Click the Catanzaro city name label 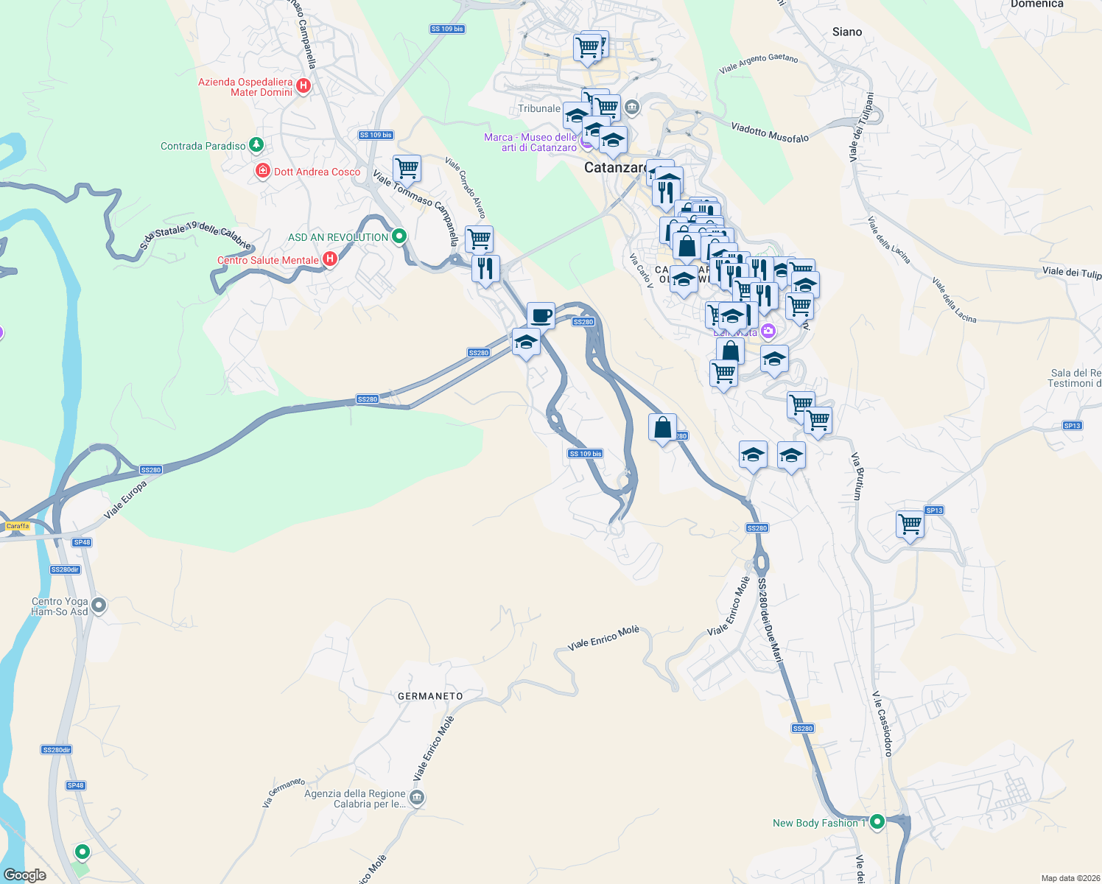pos(614,168)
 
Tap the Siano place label pos(846,32)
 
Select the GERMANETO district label pos(430,696)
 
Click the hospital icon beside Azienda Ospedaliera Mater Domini pos(302,86)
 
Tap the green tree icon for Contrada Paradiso pos(256,144)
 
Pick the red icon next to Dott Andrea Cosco pos(262,171)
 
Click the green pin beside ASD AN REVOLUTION pos(399,236)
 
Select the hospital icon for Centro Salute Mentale pos(330,259)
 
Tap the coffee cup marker pos(541,315)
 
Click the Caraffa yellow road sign pos(18,526)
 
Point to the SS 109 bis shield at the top pos(447,29)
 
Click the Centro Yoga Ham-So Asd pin pos(99,606)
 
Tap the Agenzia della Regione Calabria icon pos(417,798)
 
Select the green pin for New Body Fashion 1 pos(877,821)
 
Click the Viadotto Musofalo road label pos(770,133)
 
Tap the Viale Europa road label pos(125,499)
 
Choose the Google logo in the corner pos(24,875)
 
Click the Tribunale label pos(538,108)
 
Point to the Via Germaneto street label pos(284,793)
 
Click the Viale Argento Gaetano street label pos(759,63)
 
